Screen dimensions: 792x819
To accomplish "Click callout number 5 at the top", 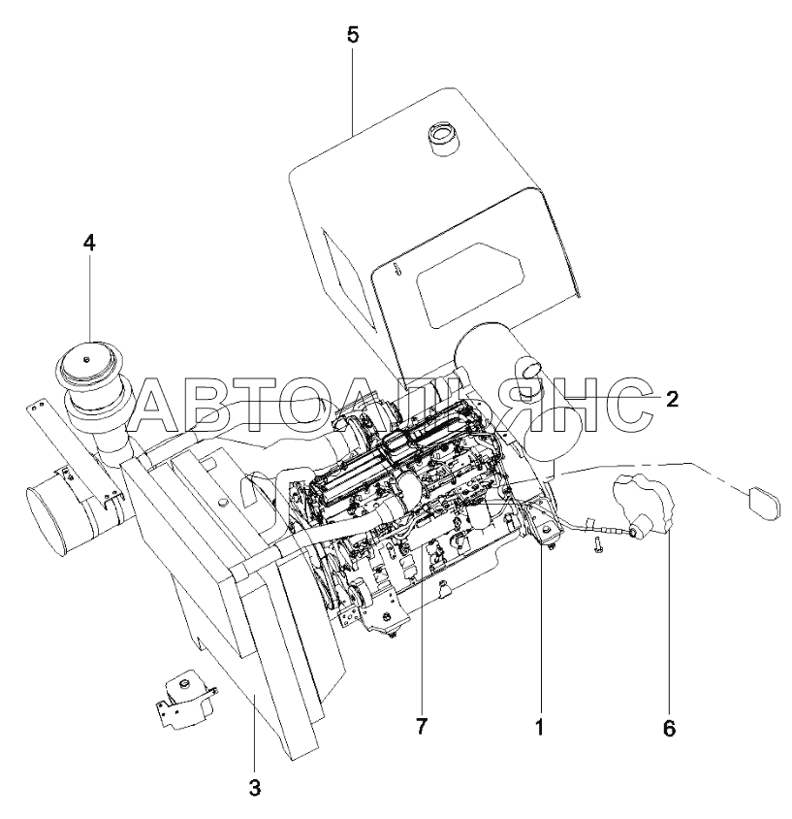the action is click(x=353, y=35).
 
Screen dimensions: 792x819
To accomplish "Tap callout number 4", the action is click(x=89, y=243).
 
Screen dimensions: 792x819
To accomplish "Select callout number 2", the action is click(x=672, y=399).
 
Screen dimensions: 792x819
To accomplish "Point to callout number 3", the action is click(x=254, y=788).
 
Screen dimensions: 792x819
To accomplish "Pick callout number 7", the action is click(x=421, y=726).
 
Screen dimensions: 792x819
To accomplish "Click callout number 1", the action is click(x=540, y=727).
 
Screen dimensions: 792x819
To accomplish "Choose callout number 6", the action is click(x=670, y=728).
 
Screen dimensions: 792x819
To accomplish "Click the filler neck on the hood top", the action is click(x=441, y=138).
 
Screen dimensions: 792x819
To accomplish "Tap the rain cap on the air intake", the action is click(x=88, y=366).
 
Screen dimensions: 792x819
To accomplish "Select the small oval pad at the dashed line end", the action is click(x=765, y=503).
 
